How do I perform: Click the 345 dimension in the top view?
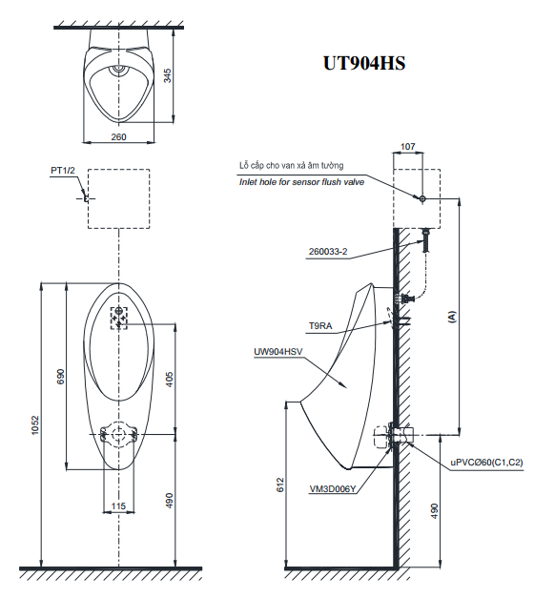pyautogui.click(x=168, y=76)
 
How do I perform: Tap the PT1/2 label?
pyautogui.click(x=63, y=171)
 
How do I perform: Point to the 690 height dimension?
pyautogui.click(x=60, y=375)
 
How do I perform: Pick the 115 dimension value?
pyautogui.click(x=118, y=505)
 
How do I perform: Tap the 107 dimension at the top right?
pyautogui.click(x=408, y=146)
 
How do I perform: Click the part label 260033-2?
pyautogui.click(x=328, y=253)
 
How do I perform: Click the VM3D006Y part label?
pyautogui.click(x=332, y=489)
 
